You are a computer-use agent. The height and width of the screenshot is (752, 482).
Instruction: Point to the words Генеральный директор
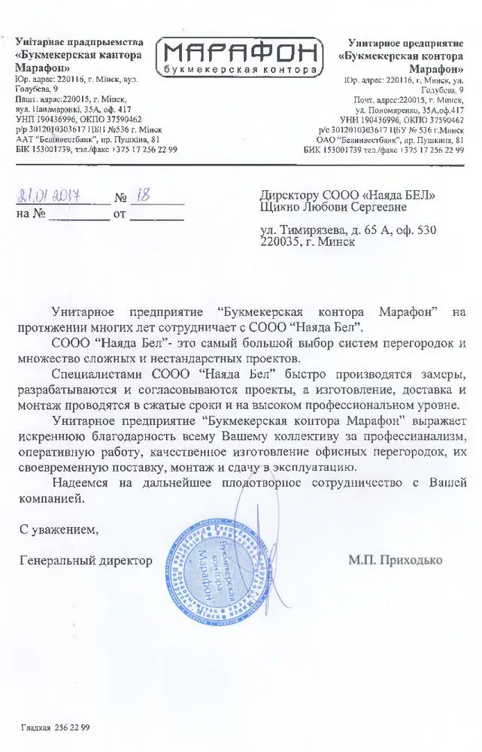pyautogui.click(x=86, y=560)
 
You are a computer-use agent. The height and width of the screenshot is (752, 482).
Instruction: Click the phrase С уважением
pyautogui.click(x=59, y=529)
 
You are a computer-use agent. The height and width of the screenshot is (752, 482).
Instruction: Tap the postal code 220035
pyautogui.click(x=280, y=242)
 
